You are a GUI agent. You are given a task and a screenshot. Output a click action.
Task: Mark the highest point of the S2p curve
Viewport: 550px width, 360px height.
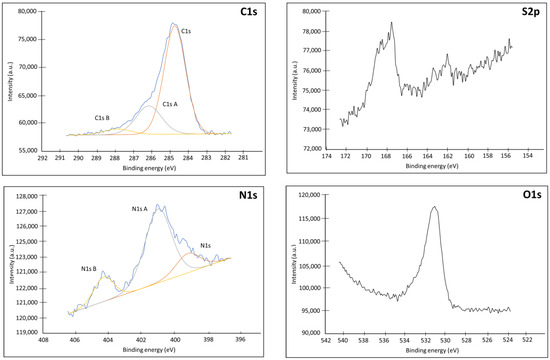392,22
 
